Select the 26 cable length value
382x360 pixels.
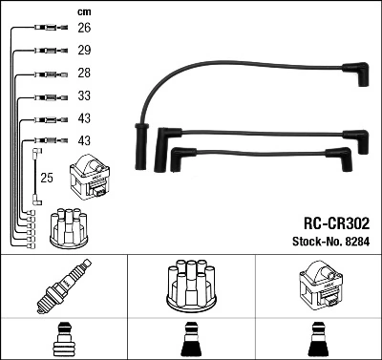coord(84,28)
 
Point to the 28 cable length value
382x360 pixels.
coord(84,74)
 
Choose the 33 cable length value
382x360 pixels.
coord(84,96)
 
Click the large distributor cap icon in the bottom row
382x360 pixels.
coord(191,288)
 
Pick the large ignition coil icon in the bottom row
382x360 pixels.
coord(318,288)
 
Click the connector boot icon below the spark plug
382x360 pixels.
coord(64,339)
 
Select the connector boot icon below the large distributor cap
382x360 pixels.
coord(191,339)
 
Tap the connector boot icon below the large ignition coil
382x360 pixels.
coord(318,339)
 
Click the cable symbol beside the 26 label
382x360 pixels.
coord(46,29)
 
